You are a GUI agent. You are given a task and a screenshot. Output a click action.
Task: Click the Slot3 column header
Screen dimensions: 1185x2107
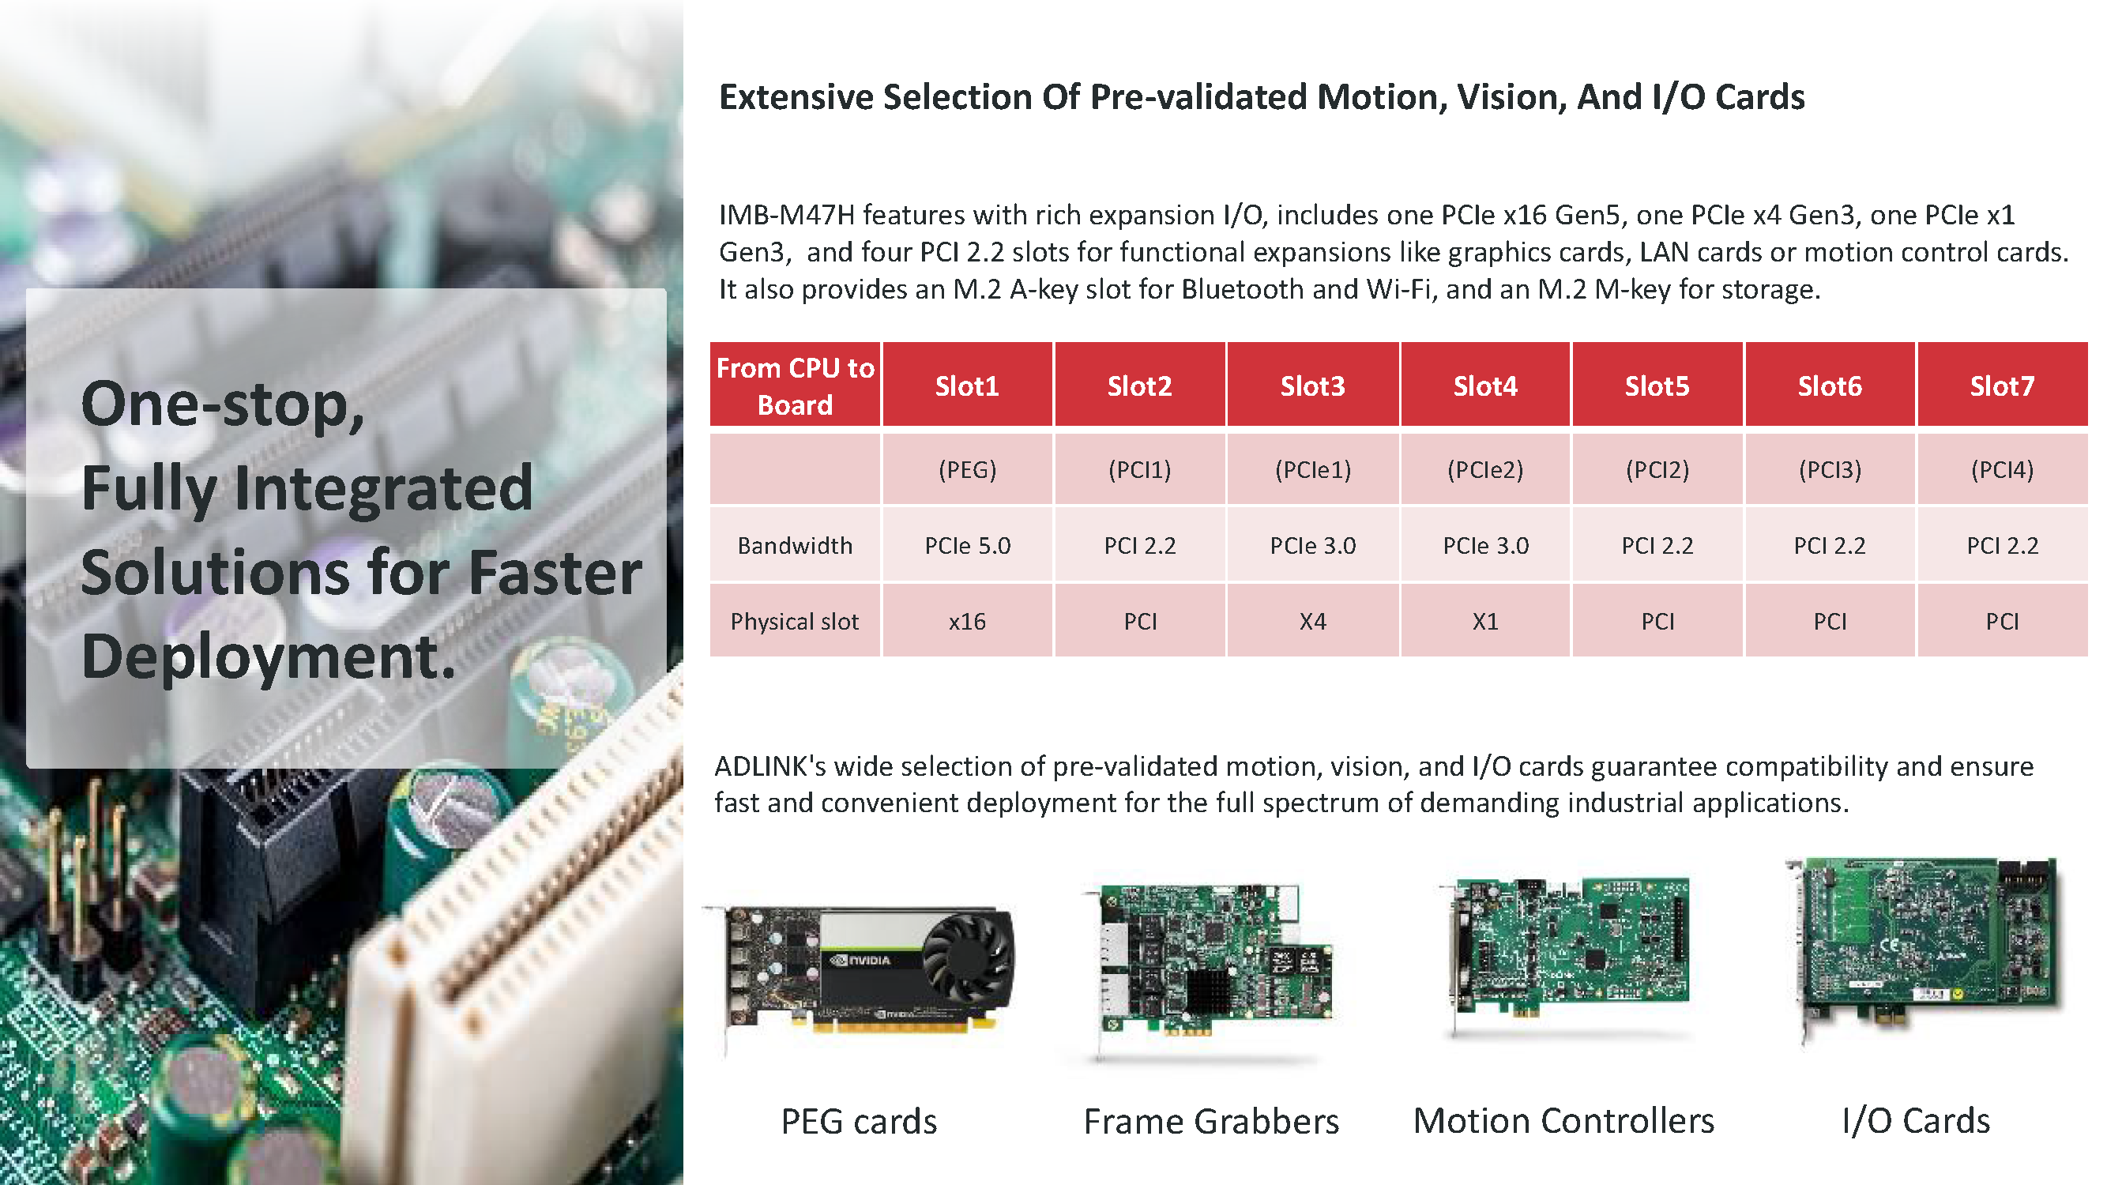coord(1312,386)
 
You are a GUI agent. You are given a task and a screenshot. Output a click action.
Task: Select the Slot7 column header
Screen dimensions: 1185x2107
coord(2001,386)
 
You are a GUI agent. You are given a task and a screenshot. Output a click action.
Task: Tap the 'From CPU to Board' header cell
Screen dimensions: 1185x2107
coord(795,386)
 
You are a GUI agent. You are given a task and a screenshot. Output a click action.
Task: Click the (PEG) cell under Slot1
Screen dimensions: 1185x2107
coord(967,469)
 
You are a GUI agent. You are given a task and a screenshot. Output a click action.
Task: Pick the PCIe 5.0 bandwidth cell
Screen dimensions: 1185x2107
coord(967,545)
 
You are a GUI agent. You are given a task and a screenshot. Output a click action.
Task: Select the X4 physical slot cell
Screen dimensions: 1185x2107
coord(1312,622)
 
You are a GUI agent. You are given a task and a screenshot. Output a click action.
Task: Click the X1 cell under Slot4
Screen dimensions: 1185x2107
coord(1484,622)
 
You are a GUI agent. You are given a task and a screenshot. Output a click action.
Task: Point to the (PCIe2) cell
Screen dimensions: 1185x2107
coord(1484,469)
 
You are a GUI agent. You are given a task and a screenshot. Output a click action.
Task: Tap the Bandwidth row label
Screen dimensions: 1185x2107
coord(795,545)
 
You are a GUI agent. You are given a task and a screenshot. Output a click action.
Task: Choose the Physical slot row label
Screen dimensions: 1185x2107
coord(795,622)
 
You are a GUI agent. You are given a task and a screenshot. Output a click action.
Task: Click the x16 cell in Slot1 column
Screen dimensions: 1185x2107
coord(967,622)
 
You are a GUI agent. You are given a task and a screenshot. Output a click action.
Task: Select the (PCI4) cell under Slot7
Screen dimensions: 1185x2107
coord(2001,469)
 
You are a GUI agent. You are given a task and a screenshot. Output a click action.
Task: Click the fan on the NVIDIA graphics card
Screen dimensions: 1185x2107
coord(967,958)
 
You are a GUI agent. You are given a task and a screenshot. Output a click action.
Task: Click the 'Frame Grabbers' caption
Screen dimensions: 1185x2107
coord(1211,1121)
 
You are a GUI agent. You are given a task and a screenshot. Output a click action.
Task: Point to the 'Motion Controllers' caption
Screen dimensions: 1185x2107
coord(1563,1120)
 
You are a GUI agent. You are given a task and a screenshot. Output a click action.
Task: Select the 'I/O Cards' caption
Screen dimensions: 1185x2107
coord(1916,1120)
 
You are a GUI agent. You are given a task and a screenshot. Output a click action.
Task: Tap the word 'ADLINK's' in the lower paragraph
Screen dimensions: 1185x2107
coord(769,766)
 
